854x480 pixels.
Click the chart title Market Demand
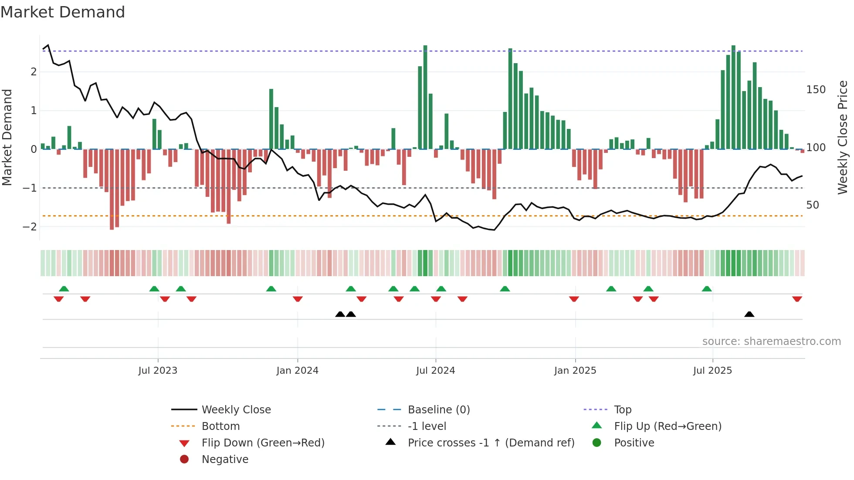click(x=63, y=12)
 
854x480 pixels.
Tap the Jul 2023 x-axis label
click(x=158, y=371)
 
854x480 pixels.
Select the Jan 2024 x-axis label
click(x=297, y=371)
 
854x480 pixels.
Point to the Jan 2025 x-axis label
click(x=575, y=371)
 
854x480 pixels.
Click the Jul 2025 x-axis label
click(x=712, y=371)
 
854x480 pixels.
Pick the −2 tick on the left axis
click(x=30, y=227)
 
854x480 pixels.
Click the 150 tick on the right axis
click(x=816, y=90)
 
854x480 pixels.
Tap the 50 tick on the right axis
click(x=813, y=205)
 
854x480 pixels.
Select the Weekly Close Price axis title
click(x=843, y=137)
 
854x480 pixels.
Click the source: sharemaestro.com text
click(x=771, y=341)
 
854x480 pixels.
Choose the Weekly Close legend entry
click(x=236, y=410)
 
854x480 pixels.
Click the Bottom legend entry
click(x=220, y=426)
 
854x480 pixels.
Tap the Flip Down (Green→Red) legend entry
click(x=263, y=443)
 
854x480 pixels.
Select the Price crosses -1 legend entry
click(x=491, y=443)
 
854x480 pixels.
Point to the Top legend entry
click(x=623, y=410)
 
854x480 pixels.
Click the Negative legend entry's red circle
click(x=184, y=460)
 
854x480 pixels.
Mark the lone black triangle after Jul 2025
click(x=749, y=314)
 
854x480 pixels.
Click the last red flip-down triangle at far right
click(x=797, y=299)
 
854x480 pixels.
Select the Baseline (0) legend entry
click(x=438, y=410)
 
